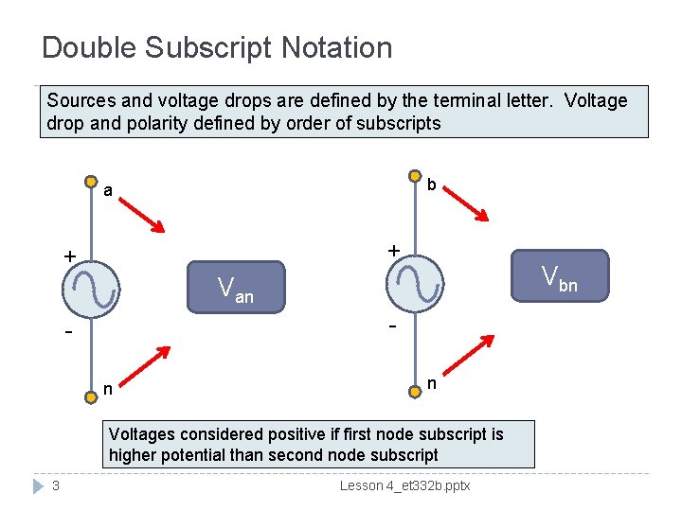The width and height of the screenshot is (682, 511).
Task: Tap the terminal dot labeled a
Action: tap(91, 182)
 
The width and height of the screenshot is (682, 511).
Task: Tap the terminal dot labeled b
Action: tap(415, 176)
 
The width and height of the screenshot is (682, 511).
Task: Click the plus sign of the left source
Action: tap(69, 256)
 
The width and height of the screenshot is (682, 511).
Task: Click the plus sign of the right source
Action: tap(394, 250)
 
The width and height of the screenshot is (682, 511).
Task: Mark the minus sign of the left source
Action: tap(69, 334)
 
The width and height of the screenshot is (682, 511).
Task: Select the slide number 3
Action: tap(57, 485)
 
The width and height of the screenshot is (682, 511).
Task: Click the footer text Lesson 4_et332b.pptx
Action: tap(404, 485)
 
